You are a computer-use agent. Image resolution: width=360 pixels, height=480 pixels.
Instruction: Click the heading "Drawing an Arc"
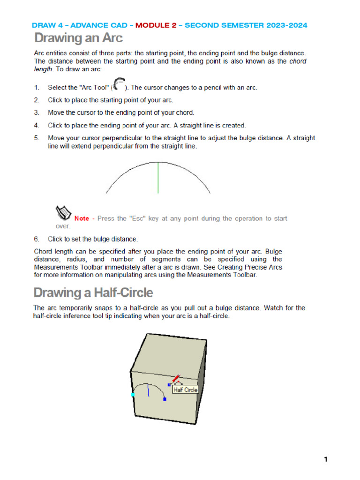(x=78, y=37)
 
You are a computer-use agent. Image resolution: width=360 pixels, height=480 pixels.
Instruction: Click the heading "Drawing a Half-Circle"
(x=93, y=292)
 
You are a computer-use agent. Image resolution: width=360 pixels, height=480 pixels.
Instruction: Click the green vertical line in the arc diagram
(x=158, y=178)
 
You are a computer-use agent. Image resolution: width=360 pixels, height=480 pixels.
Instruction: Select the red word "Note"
(x=82, y=218)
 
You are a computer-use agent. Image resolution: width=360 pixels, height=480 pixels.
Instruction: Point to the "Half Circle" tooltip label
(x=186, y=390)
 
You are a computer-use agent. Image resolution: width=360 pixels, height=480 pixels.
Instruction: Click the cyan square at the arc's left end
(x=133, y=395)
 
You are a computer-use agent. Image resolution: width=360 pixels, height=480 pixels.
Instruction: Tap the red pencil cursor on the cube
(x=176, y=379)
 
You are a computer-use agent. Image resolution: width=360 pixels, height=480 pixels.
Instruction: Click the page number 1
(x=325, y=459)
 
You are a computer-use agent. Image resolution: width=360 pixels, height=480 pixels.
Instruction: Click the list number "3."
(x=37, y=113)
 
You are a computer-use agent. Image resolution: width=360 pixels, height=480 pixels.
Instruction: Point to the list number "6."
(x=37, y=239)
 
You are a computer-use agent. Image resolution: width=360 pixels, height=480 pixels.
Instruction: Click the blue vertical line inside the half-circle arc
(x=149, y=390)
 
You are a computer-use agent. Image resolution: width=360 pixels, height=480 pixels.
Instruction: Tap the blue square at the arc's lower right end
(x=165, y=399)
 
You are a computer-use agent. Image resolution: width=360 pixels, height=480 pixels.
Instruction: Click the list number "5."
(x=37, y=138)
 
